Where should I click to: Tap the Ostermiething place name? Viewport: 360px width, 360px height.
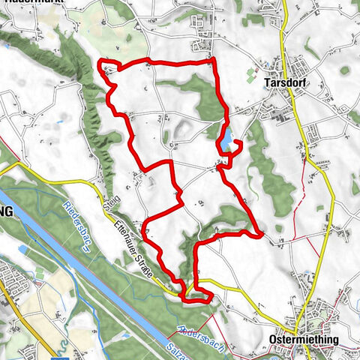tap(303, 339)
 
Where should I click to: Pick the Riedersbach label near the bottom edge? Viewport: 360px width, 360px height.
tap(196, 328)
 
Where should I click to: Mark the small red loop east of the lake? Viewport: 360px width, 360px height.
tap(235, 146)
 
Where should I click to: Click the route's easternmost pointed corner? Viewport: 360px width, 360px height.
tap(260, 234)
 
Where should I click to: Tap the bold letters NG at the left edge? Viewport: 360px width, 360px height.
tap(7, 212)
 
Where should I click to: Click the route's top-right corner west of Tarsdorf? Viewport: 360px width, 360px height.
tap(214, 58)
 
